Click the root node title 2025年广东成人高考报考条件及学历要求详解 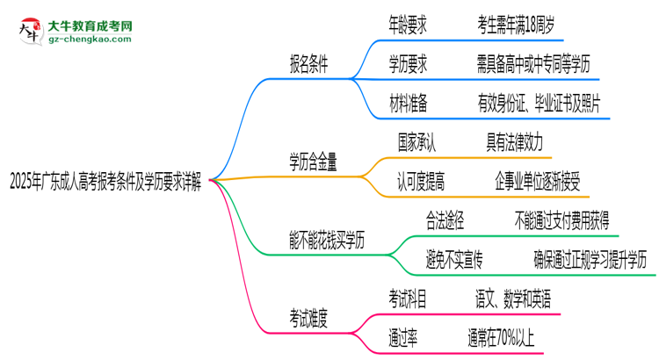[x=104, y=184]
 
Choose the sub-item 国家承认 [x=416, y=141]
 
